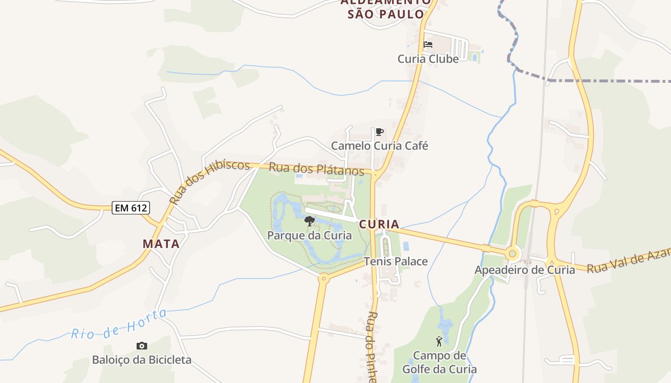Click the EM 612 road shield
[x=131, y=208]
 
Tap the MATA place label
[x=161, y=244]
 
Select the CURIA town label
[x=379, y=224]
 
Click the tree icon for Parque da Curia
[x=310, y=221]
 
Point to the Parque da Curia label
[x=309, y=236]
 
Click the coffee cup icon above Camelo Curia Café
[x=380, y=132]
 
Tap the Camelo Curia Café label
[x=380, y=146]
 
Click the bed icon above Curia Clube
[x=428, y=45]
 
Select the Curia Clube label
[x=428, y=59]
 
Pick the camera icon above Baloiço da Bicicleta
[x=142, y=346]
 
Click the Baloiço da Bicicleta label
[x=142, y=360]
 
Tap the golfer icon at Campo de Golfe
[x=439, y=341]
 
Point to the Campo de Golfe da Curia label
[x=440, y=362]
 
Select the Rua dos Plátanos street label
[x=316, y=169]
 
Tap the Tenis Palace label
[x=396, y=261]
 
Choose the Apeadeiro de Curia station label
[x=524, y=270]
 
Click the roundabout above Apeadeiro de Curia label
[x=513, y=253]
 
